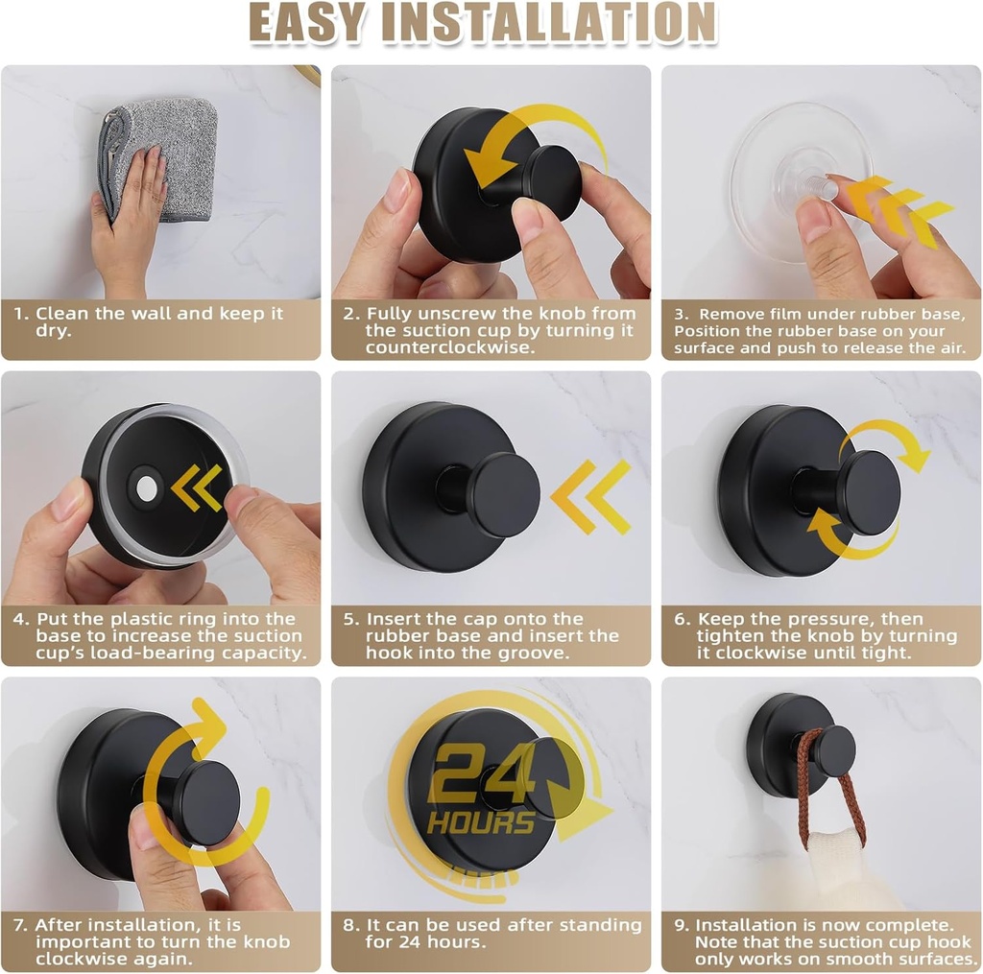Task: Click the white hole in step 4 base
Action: pyautogui.click(x=147, y=488)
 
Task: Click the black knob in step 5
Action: pyautogui.click(x=502, y=495)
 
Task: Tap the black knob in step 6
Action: pyautogui.click(x=868, y=491)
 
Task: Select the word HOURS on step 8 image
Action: pyautogui.click(x=481, y=822)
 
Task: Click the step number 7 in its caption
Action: pyautogui.click(x=19, y=925)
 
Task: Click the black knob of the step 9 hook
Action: pyautogui.click(x=832, y=749)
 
